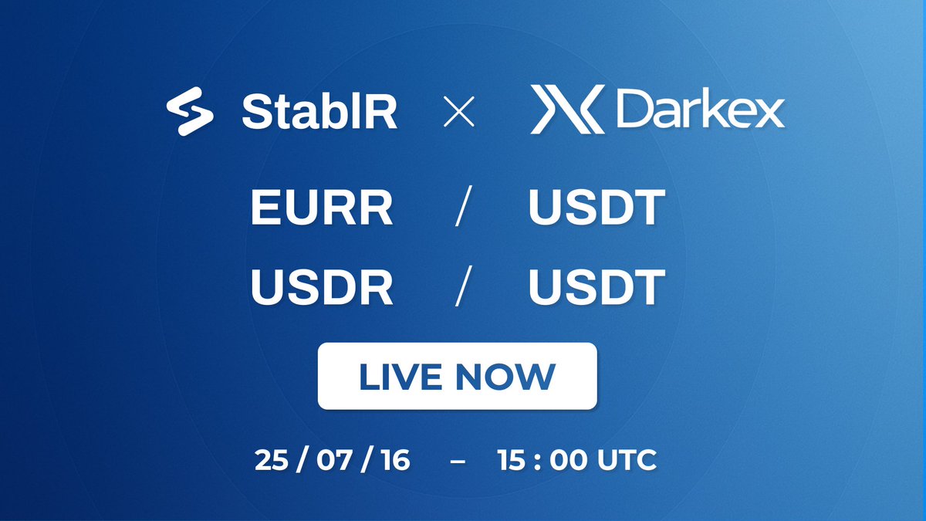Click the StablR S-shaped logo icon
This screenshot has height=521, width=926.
190,111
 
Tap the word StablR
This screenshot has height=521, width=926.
319,112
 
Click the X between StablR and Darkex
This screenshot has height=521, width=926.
459,111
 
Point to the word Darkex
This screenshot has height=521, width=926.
701,109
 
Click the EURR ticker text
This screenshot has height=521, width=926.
322,207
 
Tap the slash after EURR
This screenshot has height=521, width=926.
464,206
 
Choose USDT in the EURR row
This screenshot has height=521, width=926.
597,207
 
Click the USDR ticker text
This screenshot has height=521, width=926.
322,287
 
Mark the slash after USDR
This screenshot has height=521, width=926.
464,286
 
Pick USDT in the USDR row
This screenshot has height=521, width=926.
597,287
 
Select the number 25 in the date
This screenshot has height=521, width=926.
271,460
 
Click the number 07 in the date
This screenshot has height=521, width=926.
334,460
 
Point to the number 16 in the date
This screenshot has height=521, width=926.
396,460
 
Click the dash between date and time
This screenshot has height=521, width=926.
458,461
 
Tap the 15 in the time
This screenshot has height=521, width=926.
512,460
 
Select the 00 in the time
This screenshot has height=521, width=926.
568,460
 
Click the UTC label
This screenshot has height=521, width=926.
627,460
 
